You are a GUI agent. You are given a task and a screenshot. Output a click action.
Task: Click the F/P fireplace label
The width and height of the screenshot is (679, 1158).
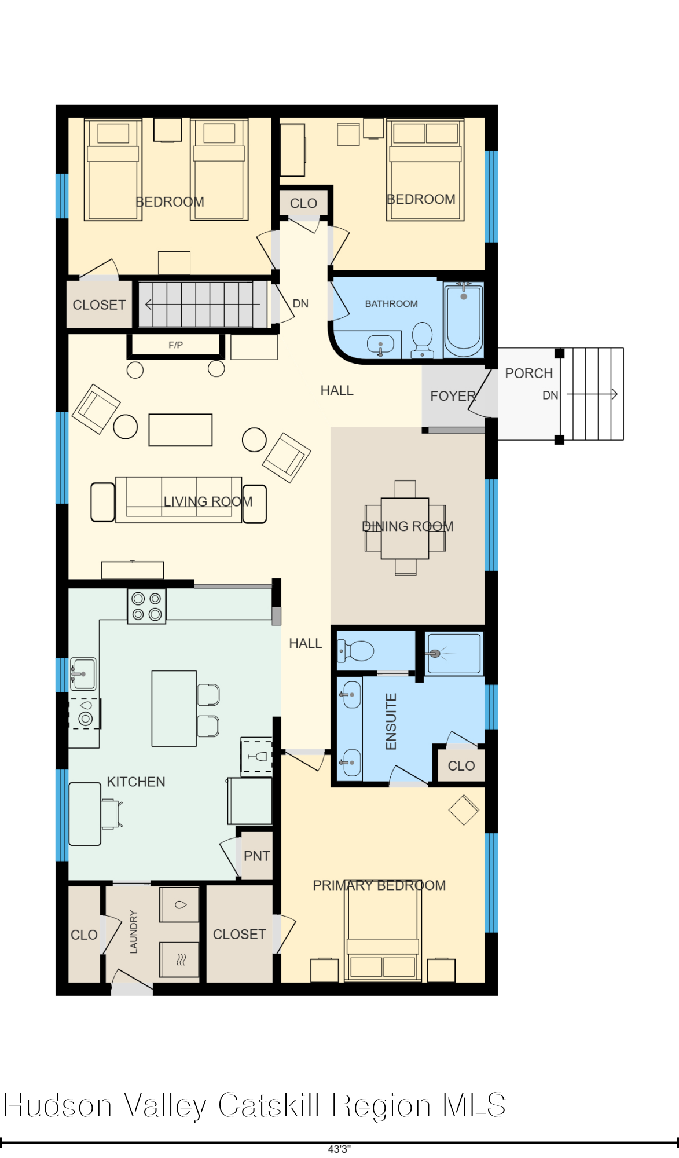pos(175,345)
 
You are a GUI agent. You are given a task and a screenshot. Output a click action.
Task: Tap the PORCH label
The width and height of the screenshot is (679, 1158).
pos(528,373)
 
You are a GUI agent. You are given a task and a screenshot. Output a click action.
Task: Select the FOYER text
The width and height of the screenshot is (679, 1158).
pos(453,396)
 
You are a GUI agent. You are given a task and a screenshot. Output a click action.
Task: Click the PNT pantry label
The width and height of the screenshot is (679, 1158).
pos(256,856)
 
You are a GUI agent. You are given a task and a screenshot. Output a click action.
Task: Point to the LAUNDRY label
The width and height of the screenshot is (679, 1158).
pos(134,932)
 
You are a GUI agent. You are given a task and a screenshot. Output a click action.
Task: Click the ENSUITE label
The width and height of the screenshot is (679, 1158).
pos(391,721)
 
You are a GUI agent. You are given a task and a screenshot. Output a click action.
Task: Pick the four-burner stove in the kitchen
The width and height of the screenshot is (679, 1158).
pos(146,606)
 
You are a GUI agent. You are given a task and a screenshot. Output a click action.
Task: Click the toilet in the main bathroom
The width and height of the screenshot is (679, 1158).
pos(423,339)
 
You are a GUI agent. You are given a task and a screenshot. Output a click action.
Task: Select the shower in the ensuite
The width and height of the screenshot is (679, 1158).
pos(453,654)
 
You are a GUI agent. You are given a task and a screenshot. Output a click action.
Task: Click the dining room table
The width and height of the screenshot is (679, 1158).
pos(405,528)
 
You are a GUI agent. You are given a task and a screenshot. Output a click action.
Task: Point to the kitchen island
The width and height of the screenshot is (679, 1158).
pos(174,708)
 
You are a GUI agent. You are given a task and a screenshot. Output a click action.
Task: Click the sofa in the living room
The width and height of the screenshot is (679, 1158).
pos(178,500)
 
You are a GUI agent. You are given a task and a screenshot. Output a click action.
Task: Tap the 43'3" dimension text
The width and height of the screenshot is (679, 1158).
pos(339,1149)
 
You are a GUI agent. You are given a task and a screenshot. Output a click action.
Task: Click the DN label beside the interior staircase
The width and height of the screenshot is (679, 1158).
pos(300,303)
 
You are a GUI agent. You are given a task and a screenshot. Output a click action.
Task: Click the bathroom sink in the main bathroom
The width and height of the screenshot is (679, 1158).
pos(380,345)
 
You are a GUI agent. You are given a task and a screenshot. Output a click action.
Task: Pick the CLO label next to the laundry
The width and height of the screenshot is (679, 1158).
pos(84,935)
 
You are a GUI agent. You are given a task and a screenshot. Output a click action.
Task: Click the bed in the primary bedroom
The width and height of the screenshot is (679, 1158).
pos(383,932)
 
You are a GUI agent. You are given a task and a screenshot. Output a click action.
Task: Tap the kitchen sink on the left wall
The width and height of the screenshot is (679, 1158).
pos(83,673)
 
